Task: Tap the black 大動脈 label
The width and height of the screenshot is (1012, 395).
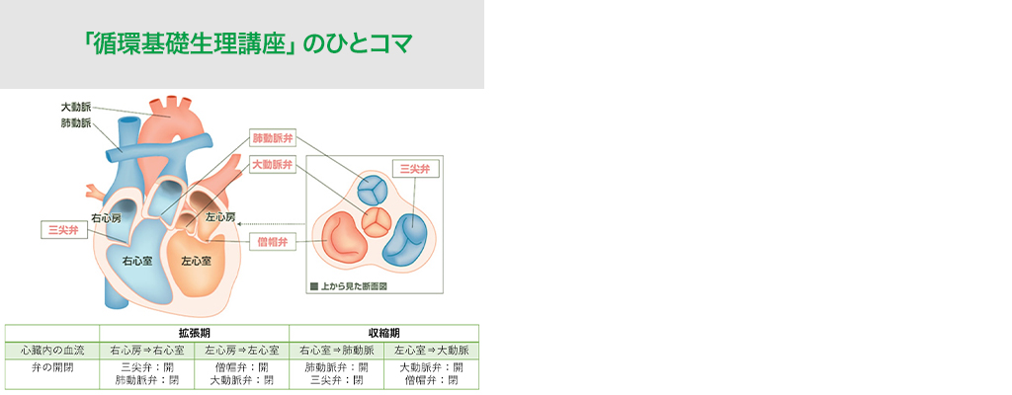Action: pos(75,108)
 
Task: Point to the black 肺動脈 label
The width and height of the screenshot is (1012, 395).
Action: pos(75,123)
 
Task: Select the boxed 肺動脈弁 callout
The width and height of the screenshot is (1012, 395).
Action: pos(273,138)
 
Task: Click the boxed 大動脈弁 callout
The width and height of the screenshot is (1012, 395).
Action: pos(273,165)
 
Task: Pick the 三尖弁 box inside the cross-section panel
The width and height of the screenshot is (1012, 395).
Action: pos(415,169)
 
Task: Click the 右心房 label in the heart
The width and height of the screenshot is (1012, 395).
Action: pos(107,219)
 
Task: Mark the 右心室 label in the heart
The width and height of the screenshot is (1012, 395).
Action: pos(137,262)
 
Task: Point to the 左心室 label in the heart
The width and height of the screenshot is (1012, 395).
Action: pos(196,262)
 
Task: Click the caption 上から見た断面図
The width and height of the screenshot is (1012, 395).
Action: pos(354,284)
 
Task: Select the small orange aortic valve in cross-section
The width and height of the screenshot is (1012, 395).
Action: pos(375,222)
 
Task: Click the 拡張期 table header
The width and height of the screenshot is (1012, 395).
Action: pos(195,333)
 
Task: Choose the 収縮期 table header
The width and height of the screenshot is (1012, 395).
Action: pos(384,333)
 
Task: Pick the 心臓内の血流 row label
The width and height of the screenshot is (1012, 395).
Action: pos(51,351)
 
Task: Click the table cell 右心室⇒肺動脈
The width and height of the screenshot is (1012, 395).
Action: pos(336,351)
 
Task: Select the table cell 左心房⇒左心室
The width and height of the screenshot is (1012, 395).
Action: pos(241,351)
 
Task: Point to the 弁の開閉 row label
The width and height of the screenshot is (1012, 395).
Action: pos(51,367)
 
